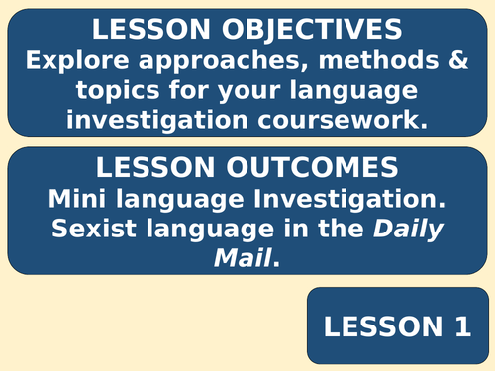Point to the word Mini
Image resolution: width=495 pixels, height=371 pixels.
tap(80, 196)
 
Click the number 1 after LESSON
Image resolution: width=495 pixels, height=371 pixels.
tap(456, 327)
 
